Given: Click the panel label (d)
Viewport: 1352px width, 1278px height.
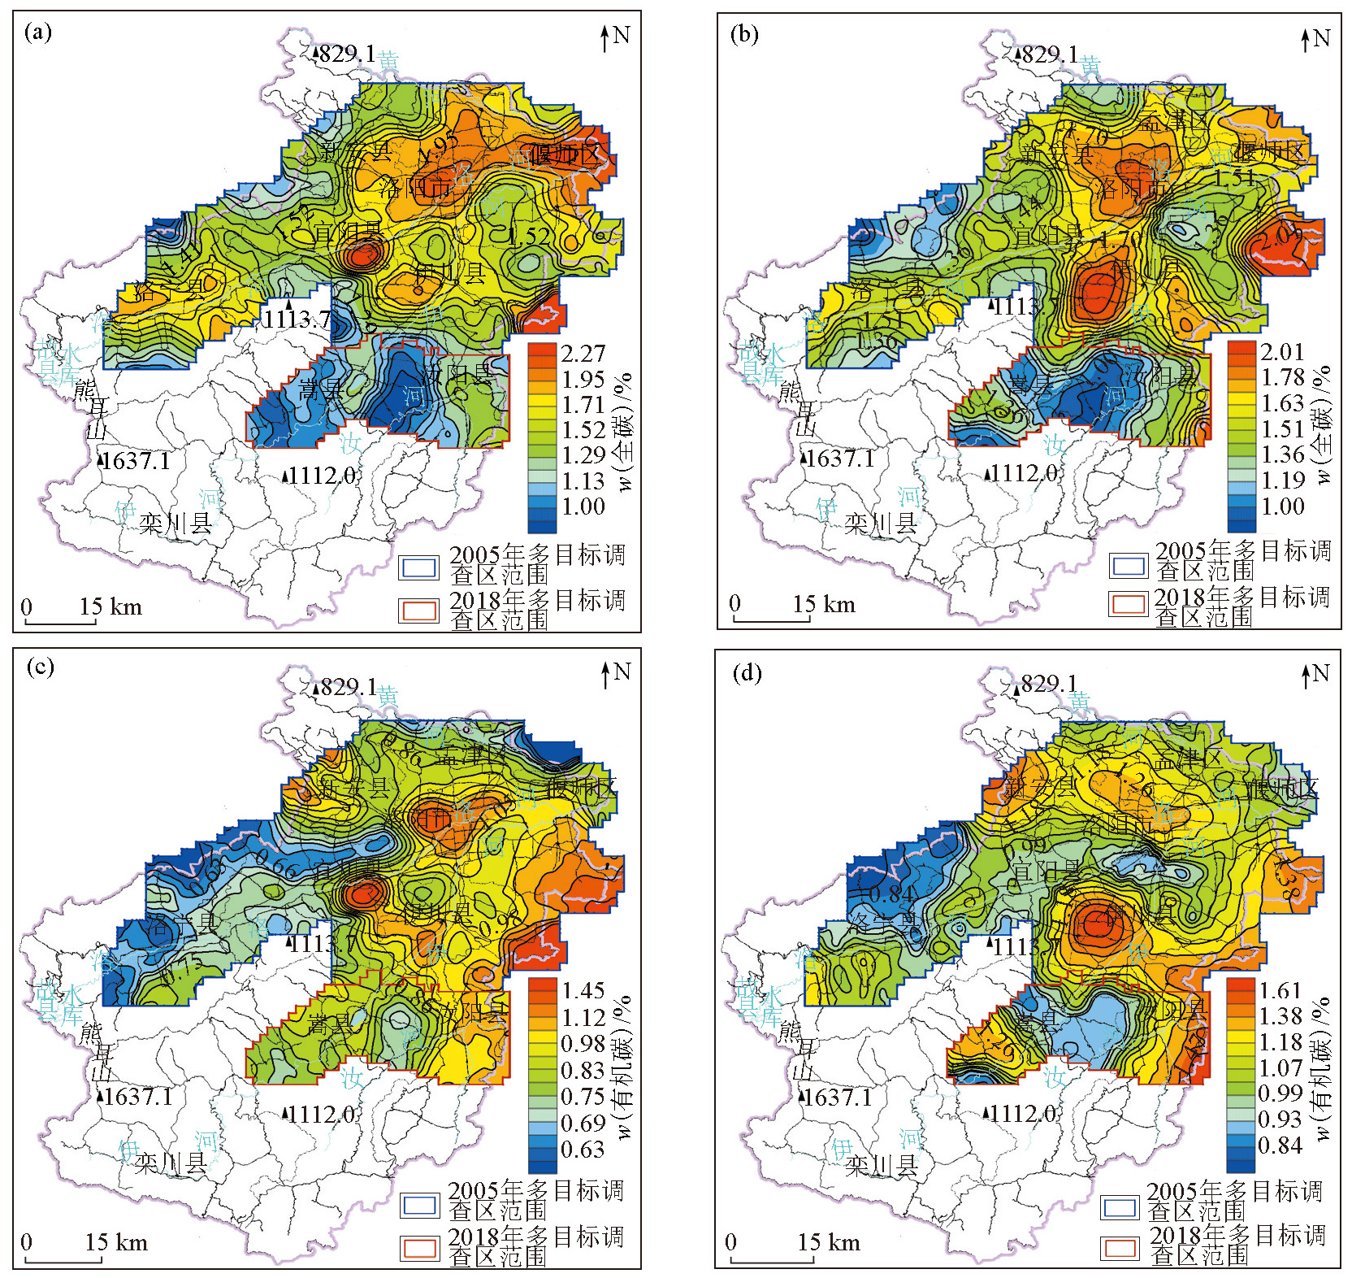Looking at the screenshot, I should (x=745, y=673).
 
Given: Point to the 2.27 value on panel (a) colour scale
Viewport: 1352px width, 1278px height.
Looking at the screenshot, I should (x=583, y=354).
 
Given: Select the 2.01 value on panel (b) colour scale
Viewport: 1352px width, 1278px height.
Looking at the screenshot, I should (x=1282, y=351).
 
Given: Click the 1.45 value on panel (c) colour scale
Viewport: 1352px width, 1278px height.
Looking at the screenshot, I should (x=583, y=990).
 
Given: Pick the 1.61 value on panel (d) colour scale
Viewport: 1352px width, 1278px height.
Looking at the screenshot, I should (x=1280, y=990).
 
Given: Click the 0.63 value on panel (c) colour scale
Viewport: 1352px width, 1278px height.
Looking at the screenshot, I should (x=583, y=1150).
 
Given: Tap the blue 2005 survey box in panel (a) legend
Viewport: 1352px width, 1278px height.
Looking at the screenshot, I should (x=418, y=567).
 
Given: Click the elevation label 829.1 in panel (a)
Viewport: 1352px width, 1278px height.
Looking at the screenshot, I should (x=345, y=54).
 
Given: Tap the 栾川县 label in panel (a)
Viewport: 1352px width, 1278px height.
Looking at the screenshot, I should (x=175, y=524).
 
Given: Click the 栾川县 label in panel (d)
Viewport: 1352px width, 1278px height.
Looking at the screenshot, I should (x=881, y=1167).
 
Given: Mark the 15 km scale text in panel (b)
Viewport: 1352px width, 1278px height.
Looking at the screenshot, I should (x=824, y=604).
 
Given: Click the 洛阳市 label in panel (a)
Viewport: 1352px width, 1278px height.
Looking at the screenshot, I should (x=415, y=189).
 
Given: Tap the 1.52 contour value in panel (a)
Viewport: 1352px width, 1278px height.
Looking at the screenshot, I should (x=529, y=237).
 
